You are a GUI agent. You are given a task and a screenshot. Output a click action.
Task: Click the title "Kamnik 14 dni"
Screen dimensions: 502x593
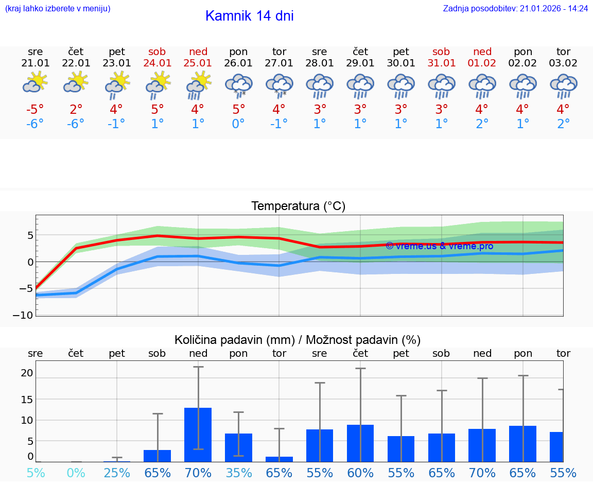tap(249, 16)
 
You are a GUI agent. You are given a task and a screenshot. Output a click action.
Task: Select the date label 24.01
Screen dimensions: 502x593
tap(158, 63)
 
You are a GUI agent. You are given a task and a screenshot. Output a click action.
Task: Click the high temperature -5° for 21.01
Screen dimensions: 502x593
tap(35, 109)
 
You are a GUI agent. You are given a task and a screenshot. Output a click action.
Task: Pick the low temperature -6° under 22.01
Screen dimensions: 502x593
tap(76, 124)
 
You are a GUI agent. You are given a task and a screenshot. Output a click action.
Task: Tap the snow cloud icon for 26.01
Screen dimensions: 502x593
tap(238, 85)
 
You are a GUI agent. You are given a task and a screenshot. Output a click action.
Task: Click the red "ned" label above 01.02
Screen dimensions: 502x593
tap(482, 51)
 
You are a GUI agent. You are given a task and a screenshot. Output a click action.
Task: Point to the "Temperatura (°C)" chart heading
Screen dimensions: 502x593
tap(298, 206)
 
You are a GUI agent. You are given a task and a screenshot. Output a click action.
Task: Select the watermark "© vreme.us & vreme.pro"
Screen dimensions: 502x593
tap(439, 246)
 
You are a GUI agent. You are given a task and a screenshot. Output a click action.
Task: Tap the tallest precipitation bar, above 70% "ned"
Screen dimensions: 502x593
tap(198, 435)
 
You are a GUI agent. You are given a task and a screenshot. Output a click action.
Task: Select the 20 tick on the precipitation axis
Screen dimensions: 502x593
tap(27, 373)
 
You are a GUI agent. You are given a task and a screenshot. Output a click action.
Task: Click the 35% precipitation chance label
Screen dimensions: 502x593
tap(238, 473)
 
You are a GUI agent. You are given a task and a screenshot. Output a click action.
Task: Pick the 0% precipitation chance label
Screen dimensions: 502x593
tap(76, 473)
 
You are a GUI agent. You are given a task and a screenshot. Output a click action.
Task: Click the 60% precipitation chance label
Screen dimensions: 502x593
tap(360, 473)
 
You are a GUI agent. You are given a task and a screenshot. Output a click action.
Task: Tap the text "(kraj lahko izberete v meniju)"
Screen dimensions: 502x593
tap(58, 9)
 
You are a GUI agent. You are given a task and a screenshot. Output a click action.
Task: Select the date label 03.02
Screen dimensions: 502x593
tap(563, 63)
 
